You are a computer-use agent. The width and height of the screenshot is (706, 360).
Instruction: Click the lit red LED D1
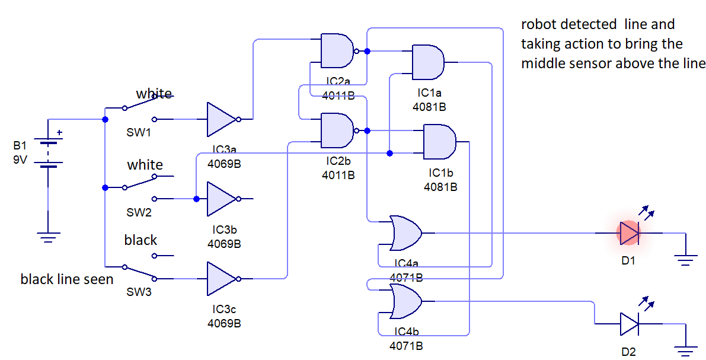[x=628, y=233]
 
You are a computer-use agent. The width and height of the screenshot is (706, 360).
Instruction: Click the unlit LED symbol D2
[x=628, y=324]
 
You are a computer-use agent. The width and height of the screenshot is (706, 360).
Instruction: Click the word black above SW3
[x=140, y=240]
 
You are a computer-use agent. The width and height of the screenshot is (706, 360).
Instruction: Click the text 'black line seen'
[x=67, y=279]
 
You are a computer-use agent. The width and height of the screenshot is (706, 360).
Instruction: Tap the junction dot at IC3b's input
[x=196, y=199]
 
